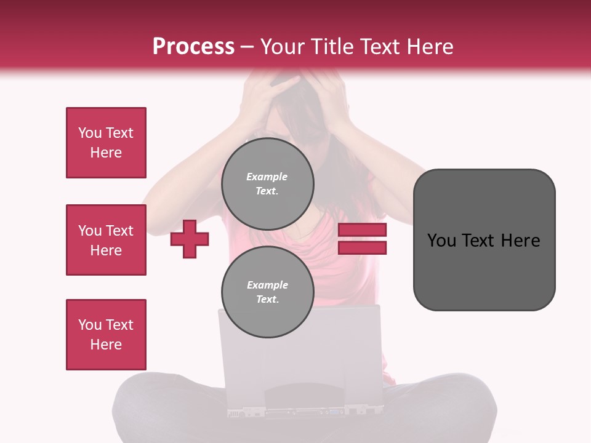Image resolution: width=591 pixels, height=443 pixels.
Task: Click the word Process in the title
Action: point(193,47)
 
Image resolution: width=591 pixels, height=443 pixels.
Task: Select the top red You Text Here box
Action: point(106,143)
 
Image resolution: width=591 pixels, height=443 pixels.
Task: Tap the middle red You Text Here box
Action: point(106,240)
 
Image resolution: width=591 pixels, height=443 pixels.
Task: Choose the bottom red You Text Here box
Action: point(106,334)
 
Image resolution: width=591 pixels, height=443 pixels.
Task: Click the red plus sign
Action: point(190,239)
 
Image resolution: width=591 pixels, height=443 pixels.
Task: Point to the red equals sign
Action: point(363,239)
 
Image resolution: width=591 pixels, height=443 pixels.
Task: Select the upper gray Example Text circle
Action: point(268,183)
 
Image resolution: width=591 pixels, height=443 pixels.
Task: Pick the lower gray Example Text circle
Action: point(268,292)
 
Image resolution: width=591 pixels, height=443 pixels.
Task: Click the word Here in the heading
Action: point(430,47)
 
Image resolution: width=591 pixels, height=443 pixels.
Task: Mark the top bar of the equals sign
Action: point(363,230)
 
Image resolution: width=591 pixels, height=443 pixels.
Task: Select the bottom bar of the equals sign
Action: point(363,247)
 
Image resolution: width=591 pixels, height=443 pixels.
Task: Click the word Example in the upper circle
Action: point(267,177)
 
